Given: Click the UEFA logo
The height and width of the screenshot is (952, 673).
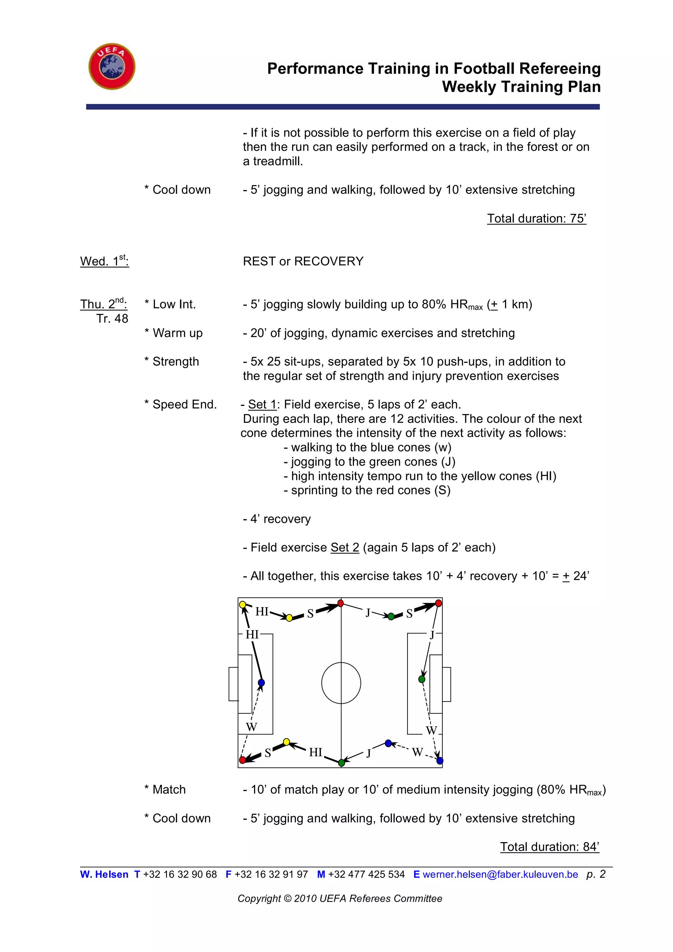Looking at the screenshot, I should tap(112, 66).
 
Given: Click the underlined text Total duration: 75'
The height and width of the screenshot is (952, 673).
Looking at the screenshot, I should tap(536, 219).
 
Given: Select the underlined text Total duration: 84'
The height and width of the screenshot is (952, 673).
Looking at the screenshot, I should tap(549, 847).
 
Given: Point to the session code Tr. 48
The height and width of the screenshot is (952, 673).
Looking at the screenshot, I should tap(112, 319).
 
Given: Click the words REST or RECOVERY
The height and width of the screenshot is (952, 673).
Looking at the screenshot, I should tap(303, 261).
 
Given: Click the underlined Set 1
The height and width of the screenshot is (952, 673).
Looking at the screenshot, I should tap(262, 404).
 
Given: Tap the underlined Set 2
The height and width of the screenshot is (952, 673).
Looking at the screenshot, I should tap(344, 547).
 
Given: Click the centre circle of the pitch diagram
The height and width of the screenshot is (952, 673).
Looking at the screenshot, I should tap(341, 683).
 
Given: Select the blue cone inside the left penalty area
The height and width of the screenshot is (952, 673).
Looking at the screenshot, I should tap(261, 682).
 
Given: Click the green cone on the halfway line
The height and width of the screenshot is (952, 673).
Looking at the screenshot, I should tap(341, 763).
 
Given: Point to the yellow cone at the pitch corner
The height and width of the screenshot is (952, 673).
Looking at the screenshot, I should tap(243, 605).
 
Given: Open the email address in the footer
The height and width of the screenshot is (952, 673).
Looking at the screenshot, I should tap(500, 874).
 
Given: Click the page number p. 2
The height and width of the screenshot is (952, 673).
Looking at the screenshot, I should tap(596, 874).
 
